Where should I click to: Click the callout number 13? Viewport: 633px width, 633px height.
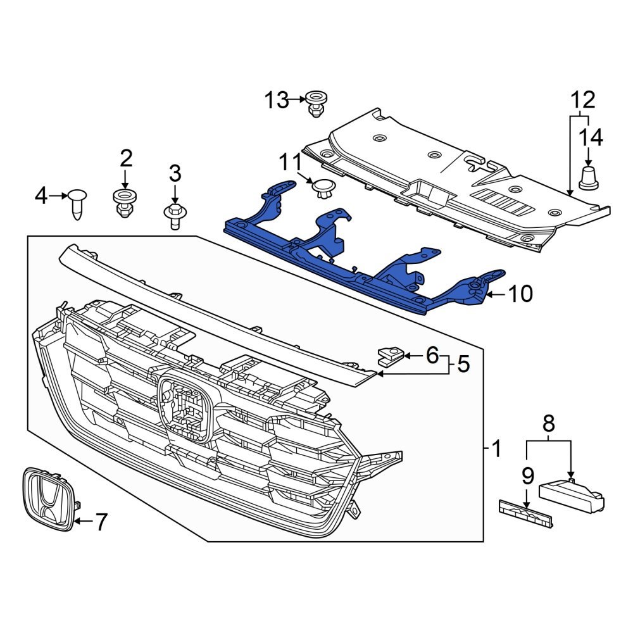tap(276, 100)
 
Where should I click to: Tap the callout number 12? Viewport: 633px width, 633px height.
tap(583, 100)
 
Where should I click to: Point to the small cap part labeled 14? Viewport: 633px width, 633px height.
tap(589, 177)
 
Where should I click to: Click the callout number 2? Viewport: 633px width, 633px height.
tap(125, 158)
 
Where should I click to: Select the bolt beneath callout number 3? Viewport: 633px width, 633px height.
tap(174, 215)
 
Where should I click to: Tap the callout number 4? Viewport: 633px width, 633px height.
tap(41, 196)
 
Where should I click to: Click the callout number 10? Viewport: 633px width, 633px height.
tap(521, 294)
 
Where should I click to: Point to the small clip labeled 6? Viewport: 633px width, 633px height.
tap(389, 356)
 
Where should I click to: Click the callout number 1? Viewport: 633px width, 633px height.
tap(496, 449)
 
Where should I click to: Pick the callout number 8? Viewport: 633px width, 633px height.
tap(548, 422)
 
